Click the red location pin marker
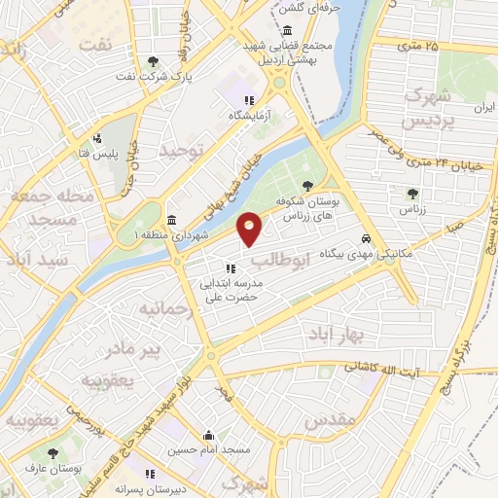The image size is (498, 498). (250, 228)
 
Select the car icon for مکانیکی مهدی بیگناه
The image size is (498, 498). (365, 238)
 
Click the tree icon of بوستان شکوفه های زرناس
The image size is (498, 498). (308, 185)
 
